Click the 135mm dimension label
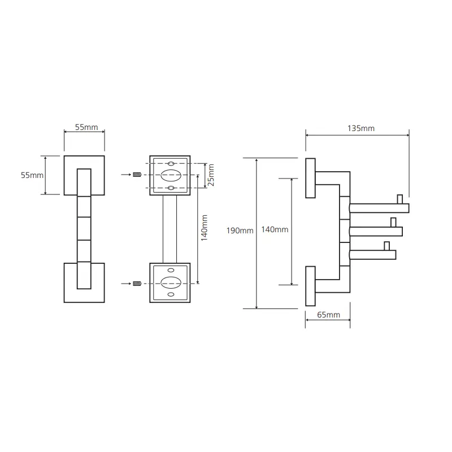(x=361, y=128)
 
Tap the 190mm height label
(x=240, y=231)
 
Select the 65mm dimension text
(x=328, y=315)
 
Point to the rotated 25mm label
(x=211, y=175)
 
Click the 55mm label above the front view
(x=86, y=127)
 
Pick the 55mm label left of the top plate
(x=32, y=175)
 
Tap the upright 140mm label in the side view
(x=275, y=229)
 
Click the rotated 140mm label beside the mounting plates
(x=204, y=228)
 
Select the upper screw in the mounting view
(x=137, y=175)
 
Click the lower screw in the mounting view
(x=137, y=284)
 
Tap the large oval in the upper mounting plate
(x=171, y=175)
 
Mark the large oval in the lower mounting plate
(x=171, y=282)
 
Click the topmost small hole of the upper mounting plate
(x=171, y=163)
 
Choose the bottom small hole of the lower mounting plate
(x=171, y=294)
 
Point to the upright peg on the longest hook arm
(x=400, y=199)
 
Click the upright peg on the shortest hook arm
(x=386, y=246)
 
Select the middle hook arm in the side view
(x=376, y=232)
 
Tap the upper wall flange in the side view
(x=310, y=178)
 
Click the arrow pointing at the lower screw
(x=126, y=284)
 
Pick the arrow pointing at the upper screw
(x=126, y=175)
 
